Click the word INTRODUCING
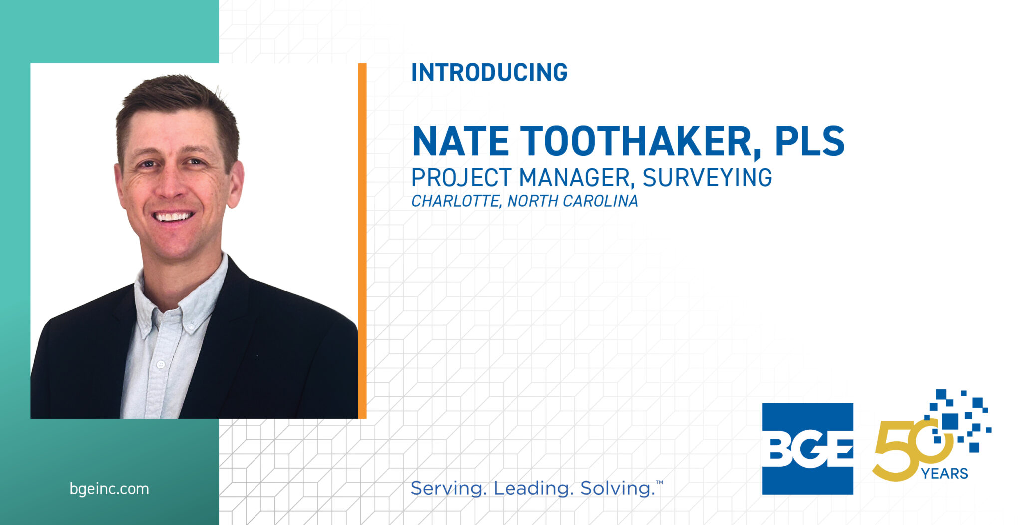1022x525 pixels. (x=489, y=73)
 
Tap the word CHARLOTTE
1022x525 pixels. (x=456, y=201)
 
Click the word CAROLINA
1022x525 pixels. (x=600, y=201)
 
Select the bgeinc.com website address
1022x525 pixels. (x=109, y=489)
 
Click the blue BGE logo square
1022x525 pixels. (x=807, y=449)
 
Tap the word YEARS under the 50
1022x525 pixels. (x=944, y=473)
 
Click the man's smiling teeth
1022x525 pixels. (x=173, y=217)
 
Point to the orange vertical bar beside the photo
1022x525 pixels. (x=362, y=241)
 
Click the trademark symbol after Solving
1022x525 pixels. (x=659, y=482)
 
